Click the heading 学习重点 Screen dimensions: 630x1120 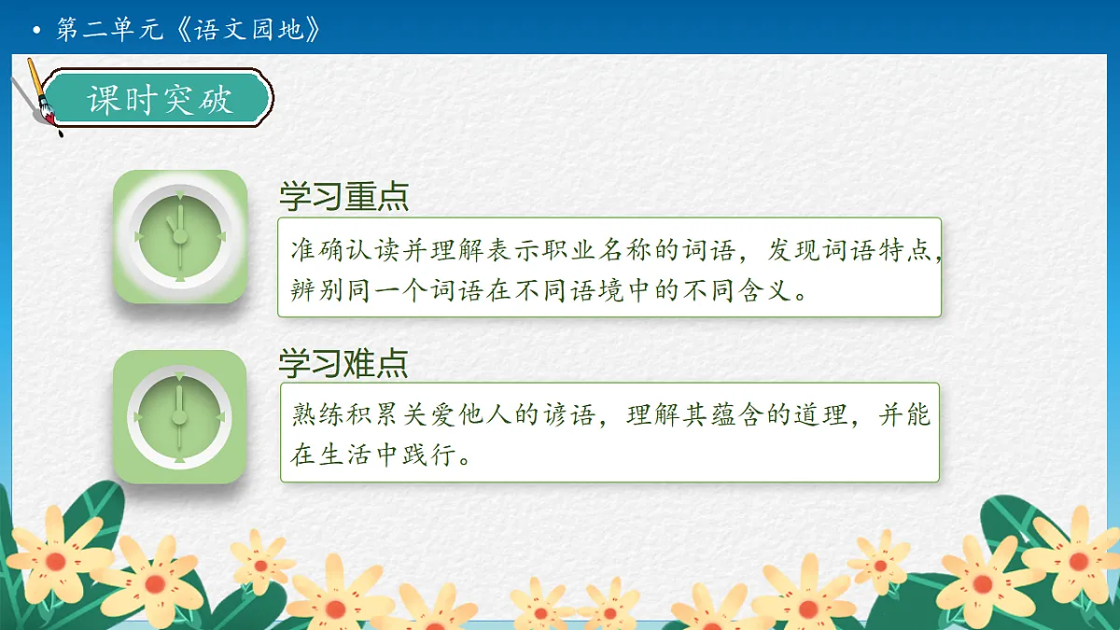tap(343, 198)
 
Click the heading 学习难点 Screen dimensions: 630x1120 tap(343, 363)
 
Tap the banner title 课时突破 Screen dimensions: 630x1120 tap(160, 99)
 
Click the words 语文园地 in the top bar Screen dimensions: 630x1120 tap(249, 30)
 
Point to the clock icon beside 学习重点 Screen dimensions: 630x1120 tap(180, 236)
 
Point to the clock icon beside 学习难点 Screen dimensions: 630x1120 tap(180, 416)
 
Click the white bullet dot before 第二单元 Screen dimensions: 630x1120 tap(36, 31)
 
